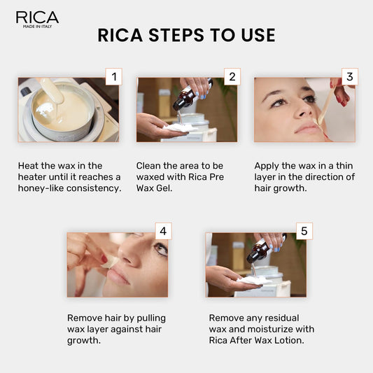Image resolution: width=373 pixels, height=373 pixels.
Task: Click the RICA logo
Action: tap(36, 17)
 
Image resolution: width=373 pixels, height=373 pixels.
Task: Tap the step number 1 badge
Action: tap(113, 76)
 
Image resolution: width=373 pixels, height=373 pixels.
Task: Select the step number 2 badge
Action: tap(232, 76)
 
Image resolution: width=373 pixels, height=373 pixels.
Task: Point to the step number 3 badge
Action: tap(349, 76)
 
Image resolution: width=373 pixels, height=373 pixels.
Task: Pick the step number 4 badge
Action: tap(162, 232)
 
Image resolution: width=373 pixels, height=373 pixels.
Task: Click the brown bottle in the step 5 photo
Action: tap(258, 251)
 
